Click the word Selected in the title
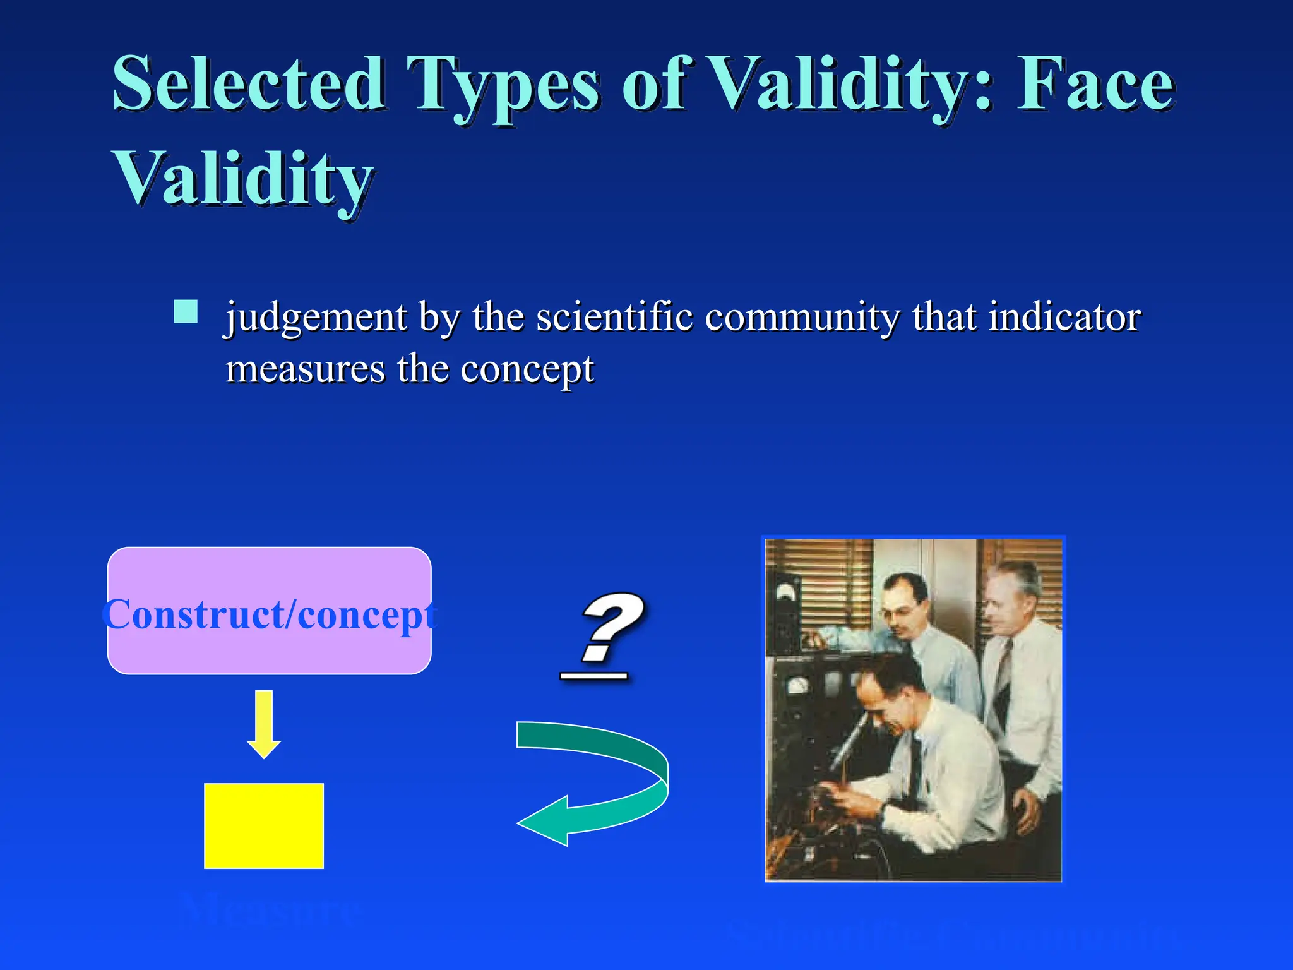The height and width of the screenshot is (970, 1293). pyautogui.click(x=248, y=84)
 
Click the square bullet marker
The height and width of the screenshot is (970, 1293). pyautogui.click(x=186, y=311)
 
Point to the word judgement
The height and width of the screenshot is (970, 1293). pyautogui.click(x=316, y=317)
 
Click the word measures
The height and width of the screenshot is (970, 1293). pyautogui.click(x=305, y=369)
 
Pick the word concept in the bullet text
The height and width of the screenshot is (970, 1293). pyautogui.click(x=527, y=371)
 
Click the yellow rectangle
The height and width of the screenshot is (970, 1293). pyautogui.click(x=264, y=825)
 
